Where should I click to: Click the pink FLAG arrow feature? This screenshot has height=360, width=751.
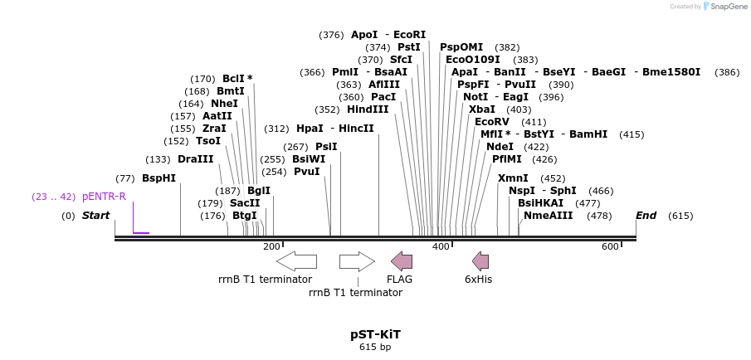pos(402,261)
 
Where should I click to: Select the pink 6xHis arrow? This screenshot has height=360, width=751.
pos(480,261)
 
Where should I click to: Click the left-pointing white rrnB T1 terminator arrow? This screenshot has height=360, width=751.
pos(296,261)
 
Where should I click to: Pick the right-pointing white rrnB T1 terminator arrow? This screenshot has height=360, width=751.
pos(357,261)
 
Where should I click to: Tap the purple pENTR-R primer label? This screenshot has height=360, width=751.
pos(104,197)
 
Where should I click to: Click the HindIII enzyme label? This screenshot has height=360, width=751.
pos(368,109)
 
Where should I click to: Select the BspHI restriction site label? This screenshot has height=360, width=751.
pos(158,178)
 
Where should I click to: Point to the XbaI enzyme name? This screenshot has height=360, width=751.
pos(482,109)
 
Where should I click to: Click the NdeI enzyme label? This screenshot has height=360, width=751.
pos(500,146)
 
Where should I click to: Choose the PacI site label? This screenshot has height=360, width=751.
pos(383,97)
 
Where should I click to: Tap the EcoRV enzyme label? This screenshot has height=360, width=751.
pos(492,122)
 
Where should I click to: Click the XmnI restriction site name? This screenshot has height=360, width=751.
pos(513,178)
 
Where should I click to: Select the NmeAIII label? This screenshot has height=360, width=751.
pos(549,216)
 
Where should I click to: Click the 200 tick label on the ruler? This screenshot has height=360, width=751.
pos(271,246)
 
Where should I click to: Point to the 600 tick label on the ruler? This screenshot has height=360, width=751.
pos(610,246)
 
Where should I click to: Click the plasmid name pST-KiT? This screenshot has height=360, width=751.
pos(375,334)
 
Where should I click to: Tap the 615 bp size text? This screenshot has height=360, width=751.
pos(375,348)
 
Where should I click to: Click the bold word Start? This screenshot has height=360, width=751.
pos(95,216)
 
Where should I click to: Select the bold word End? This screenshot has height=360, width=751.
pos(646,216)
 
